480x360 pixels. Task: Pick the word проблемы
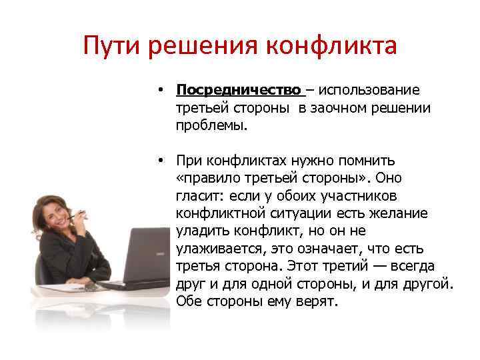point(211,125)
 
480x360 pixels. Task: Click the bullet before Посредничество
point(162,90)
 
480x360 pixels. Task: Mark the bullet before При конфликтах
point(162,160)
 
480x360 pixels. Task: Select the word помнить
point(369,160)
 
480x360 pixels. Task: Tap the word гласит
point(199,195)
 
